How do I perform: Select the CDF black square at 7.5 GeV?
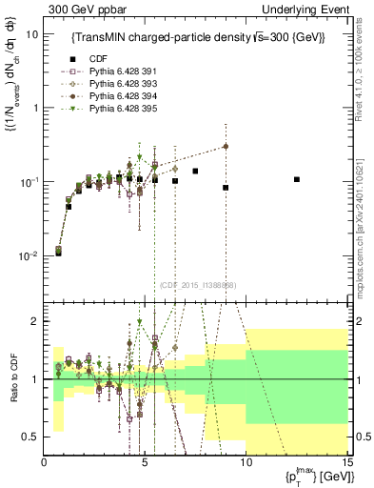195,172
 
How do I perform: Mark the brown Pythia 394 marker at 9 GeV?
226,146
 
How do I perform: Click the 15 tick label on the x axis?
346,462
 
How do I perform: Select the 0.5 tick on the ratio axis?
32,437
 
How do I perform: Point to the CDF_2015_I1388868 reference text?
197,284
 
